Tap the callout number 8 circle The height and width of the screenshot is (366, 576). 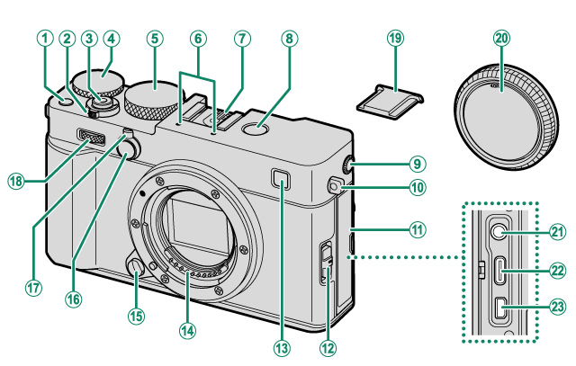click(288, 39)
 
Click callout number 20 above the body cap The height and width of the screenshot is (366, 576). click(501, 39)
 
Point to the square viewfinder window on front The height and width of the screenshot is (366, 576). click(283, 186)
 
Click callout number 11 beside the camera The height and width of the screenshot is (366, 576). click(417, 229)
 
